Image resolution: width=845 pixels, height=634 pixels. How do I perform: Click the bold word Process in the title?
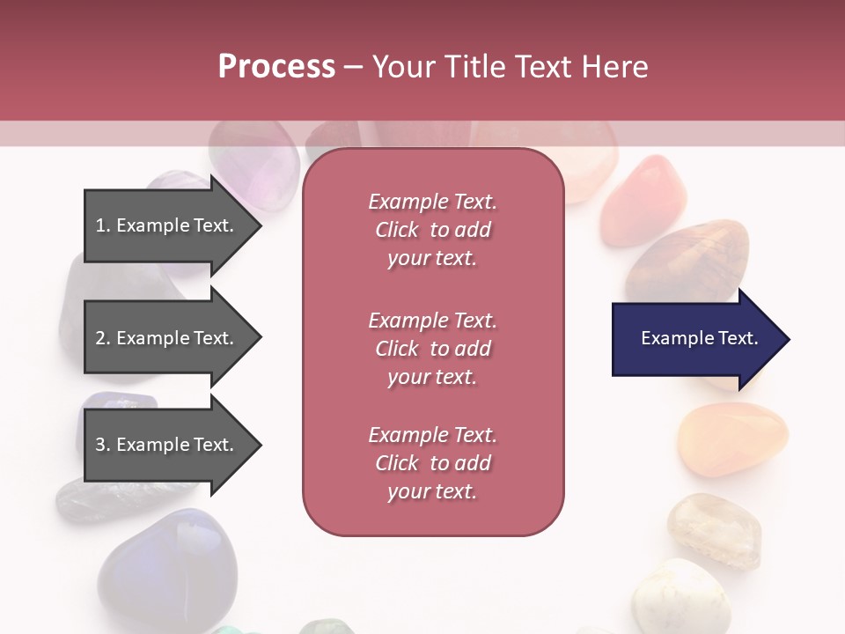point(276,67)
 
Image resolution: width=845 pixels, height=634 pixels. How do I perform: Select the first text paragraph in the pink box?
point(433,230)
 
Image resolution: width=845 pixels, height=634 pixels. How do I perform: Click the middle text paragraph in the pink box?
point(433,349)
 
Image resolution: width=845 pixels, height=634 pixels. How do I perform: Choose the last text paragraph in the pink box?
point(433,463)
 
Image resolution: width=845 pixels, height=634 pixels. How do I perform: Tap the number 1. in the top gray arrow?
point(103,225)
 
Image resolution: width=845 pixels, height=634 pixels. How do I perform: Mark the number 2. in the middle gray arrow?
point(103,338)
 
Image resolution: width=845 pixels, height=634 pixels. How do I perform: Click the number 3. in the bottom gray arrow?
point(103,445)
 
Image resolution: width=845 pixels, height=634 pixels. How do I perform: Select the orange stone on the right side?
point(732,439)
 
